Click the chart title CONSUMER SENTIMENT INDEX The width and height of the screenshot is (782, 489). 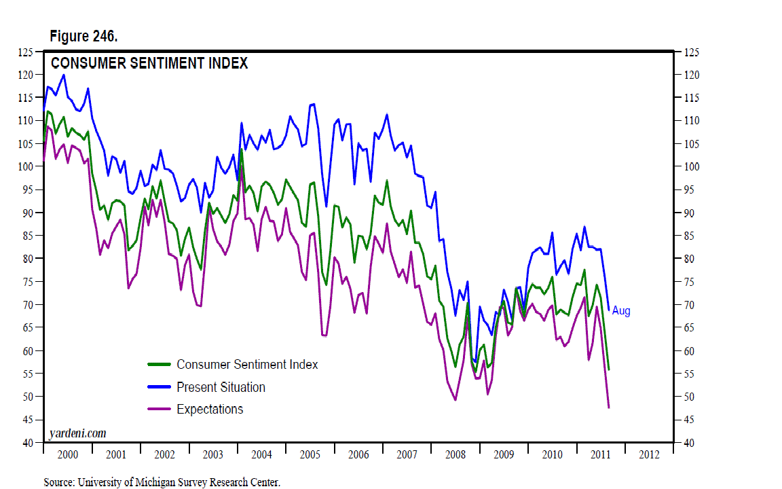[150, 63]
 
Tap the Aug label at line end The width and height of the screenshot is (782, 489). [621, 311]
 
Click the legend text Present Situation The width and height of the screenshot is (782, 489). [221, 387]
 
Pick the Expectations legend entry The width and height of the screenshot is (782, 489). [210, 409]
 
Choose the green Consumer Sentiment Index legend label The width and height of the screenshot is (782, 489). [247, 364]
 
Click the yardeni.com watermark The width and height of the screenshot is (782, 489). [77, 433]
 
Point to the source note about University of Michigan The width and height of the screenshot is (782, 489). [162, 482]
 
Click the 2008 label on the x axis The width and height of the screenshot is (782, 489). [455, 454]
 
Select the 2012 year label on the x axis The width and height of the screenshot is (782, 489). [648, 454]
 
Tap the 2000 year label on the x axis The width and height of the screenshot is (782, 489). [68, 454]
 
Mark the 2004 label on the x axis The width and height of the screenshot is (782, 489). [261, 454]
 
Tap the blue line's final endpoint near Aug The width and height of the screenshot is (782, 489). [608, 309]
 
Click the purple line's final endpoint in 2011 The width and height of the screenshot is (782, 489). [609, 407]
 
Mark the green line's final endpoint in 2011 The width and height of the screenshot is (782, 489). [609, 369]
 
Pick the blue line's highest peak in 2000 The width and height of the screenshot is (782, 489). [64, 75]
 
